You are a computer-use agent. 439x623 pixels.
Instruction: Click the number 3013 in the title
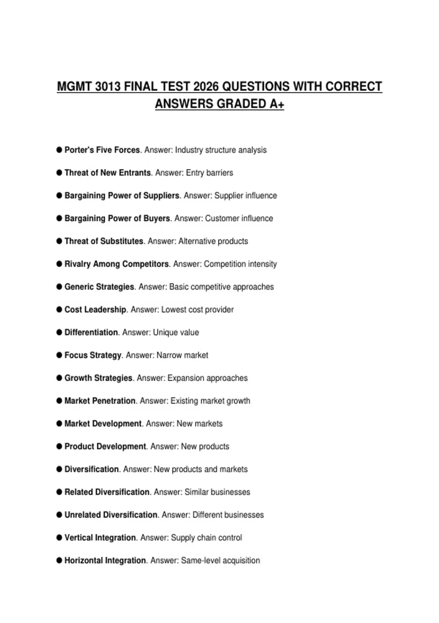click(108, 87)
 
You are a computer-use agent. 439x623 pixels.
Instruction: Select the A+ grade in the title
click(277, 104)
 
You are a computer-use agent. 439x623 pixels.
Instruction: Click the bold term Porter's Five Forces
click(102, 150)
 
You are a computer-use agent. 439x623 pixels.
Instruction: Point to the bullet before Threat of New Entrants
click(59, 173)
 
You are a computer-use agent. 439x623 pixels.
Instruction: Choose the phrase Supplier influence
click(245, 196)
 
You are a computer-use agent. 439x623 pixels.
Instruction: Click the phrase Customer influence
click(239, 218)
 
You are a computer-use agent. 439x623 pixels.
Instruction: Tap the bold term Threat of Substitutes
click(104, 241)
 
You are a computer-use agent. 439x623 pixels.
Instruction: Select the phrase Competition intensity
click(240, 264)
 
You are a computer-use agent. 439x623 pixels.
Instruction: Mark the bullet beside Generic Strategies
click(59, 287)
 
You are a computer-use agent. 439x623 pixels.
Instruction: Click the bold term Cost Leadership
click(95, 310)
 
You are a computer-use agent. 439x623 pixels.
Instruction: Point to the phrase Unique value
click(176, 332)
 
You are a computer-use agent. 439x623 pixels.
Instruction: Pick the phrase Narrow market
click(182, 355)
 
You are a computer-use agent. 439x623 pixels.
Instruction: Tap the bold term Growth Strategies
click(98, 378)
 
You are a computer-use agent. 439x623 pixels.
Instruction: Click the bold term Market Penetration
click(100, 401)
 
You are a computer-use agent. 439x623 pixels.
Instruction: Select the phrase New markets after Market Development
click(199, 424)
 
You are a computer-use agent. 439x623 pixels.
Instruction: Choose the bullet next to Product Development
click(59, 446)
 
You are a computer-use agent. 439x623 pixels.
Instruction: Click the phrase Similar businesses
click(217, 492)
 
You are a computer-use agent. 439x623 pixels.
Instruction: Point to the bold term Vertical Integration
click(100, 538)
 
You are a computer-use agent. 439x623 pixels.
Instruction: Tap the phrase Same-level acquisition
click(220, 560)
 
